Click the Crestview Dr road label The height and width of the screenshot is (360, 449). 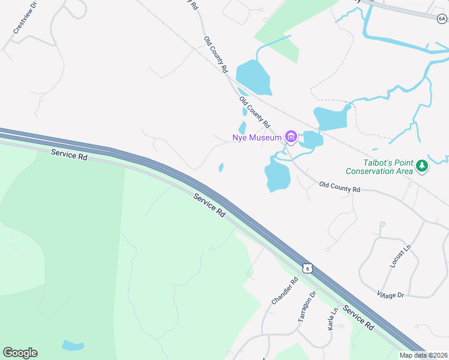25,20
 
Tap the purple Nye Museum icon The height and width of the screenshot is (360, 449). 291,137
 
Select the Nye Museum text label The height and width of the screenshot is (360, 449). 257,137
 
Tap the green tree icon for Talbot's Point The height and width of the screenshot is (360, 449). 422,166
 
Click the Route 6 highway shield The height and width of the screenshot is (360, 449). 307,268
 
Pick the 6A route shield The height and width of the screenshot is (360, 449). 442,19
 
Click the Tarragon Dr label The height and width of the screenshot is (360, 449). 307,307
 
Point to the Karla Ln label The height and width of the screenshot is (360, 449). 331,319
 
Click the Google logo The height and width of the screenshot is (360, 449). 20,353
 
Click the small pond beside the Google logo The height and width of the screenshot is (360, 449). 73,345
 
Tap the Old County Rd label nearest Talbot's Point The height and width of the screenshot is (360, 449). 339,187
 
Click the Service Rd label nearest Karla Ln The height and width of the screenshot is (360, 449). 358,318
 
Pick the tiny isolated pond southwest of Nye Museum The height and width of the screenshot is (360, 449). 221,167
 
